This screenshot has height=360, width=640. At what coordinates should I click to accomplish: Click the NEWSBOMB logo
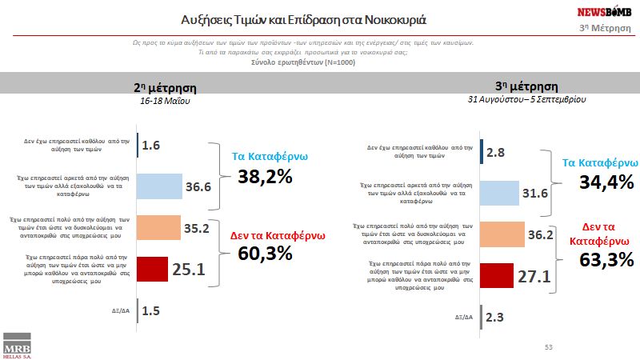604,12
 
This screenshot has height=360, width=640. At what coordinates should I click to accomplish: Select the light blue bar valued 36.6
161,186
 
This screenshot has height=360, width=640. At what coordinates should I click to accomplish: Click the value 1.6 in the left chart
152,145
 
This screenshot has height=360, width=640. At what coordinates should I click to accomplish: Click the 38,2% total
264,177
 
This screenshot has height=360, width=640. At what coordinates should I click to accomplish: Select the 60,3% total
264,254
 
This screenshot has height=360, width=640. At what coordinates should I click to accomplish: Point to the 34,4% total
606,183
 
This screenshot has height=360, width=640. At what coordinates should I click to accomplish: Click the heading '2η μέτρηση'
164,88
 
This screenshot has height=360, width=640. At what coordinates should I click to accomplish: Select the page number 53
549,346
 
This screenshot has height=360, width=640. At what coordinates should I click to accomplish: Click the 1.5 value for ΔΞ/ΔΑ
151,310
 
